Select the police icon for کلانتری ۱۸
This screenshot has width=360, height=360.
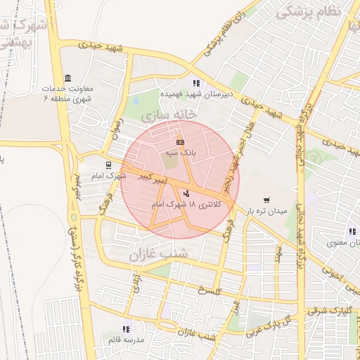pyautogui.click(x=186, y=193)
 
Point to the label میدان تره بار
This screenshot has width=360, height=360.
pyautogui.click(x=266, y=211)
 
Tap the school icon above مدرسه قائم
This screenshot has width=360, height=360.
pyautogui.click(x=126, y=329)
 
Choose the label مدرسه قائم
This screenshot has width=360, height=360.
pyautogui.click(x=126, y=340)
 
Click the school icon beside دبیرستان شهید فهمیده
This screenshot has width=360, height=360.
pyautogui.click(x=196, y=84)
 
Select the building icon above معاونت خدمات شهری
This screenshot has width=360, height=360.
pyautogui.click(x=67, y=77)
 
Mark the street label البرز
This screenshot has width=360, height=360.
pyautogui.click(x=235, y=313)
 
